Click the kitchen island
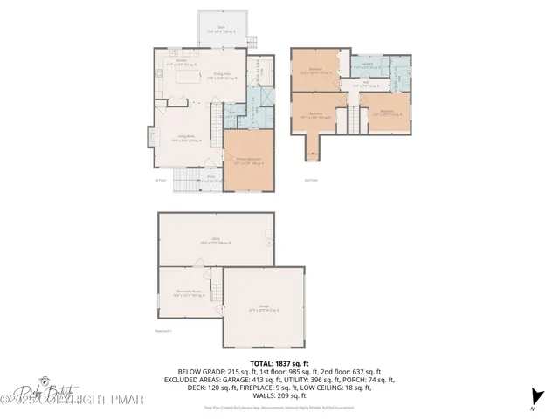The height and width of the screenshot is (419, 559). click(x=189, y=78)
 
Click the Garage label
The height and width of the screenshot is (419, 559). click(x=264, y=308)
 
